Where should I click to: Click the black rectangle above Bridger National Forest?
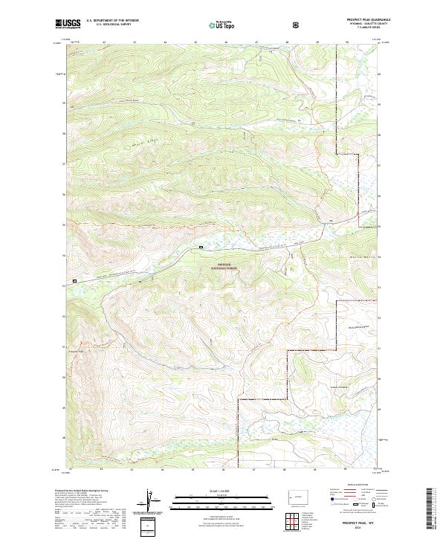pyautogui.click(x=201, y=247)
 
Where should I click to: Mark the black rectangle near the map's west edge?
pyautogui.click(x=74, y=281)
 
